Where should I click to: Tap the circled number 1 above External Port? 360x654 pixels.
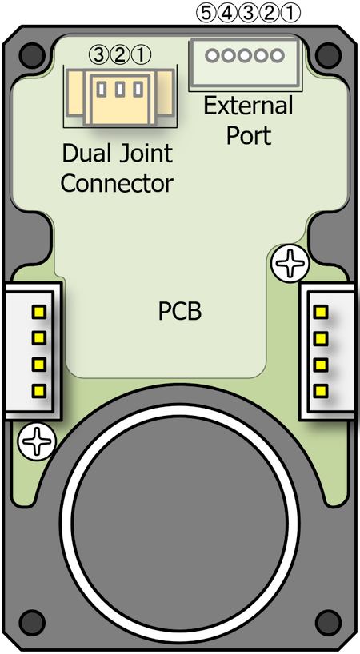click(290, 14)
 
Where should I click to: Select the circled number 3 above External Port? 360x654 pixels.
click(248, 14)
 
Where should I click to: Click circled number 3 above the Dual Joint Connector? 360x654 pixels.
click(98, 54)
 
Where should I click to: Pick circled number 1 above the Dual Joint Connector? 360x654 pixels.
click(140, 54)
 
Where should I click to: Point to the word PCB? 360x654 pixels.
click(180, 311)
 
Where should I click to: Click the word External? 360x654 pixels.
click(248, 106)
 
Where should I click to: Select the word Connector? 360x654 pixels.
click(118, 184)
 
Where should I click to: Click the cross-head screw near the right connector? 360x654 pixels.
click(290, 263)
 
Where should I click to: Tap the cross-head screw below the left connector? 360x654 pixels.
click(37, 441)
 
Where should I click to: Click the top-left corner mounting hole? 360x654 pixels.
click(32, 54)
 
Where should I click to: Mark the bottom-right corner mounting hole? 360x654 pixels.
click(328, 623)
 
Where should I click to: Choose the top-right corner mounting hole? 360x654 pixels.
click(328, 54)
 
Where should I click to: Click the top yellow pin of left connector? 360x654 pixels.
click(38, 311)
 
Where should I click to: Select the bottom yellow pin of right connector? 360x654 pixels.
click(321, 391)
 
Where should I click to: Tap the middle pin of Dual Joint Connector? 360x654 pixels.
click(120, 89)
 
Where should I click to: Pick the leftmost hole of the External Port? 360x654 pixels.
click(212, 55)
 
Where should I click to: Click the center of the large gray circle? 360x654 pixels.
click(180, 523)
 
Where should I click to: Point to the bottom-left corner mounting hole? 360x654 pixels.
click(32, 623)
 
